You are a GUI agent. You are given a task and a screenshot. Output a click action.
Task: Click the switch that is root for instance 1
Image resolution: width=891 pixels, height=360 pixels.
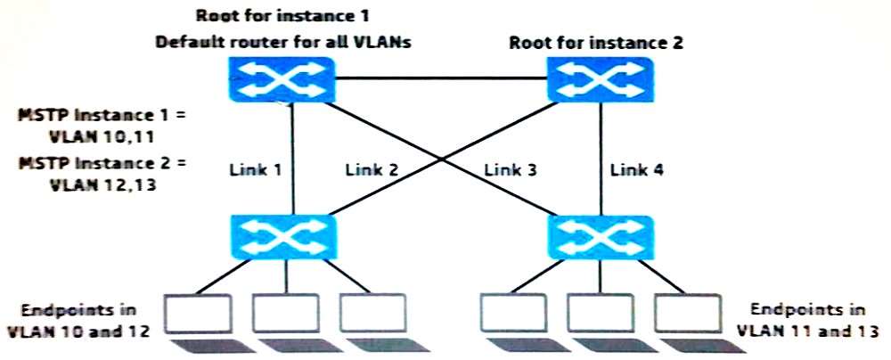click(x=282, y=78)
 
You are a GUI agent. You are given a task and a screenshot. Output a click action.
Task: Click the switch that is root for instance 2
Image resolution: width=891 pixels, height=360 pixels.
click(x=600, y=78)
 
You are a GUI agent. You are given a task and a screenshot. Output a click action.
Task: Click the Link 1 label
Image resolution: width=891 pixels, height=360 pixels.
click(x=255, y=170)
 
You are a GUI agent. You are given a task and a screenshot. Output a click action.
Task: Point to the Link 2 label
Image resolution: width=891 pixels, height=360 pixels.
click(x=372, y=170)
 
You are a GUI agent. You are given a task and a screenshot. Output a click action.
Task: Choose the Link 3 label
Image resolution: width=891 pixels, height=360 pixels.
click(x=511, y=170)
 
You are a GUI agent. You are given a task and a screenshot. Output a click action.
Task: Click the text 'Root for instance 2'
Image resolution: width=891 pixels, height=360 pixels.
click(x=596, y=44)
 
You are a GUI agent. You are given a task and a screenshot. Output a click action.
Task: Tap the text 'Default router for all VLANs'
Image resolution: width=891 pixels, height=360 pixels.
click(x=283, y=43)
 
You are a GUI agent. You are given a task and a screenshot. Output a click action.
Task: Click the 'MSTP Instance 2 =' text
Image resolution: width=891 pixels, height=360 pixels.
click(x=102, y=164)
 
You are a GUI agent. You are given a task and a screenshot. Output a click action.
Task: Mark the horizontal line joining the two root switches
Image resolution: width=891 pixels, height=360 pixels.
click(x=441, y=78)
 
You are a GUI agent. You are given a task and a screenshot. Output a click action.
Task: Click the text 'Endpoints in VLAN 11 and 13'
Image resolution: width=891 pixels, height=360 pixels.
click(x=807, y=320)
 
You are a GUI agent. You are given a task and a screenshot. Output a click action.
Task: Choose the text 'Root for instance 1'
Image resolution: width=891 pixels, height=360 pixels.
click(x=282, y=15)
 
